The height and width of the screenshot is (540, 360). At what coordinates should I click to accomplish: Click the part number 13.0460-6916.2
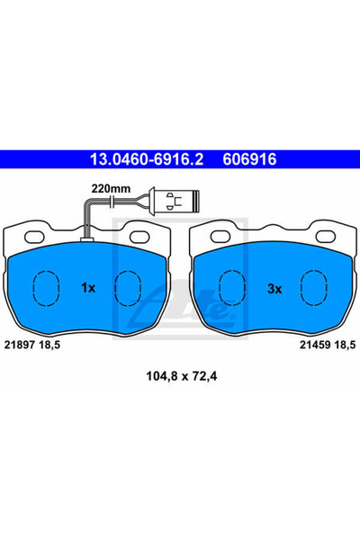pyautogui.click(x=147, y=159)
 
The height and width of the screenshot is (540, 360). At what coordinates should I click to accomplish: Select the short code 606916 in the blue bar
pyautogui.click(x=249, y=159)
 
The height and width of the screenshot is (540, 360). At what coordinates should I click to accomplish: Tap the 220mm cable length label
pyautogui.click(x=111, y=189)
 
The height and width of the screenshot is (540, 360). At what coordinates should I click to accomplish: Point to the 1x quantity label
pyautogui.click(x=88, y=288)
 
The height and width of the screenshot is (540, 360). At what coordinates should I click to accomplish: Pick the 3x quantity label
pyautogui.click(x=274, y=289)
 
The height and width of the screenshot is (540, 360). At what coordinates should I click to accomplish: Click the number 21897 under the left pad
pyautogui.click(x=19, y=345)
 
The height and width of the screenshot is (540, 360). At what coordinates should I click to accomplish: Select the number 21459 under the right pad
pyautogui.click(x=315, y=345)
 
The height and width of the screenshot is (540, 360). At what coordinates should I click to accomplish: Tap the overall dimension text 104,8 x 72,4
pyautogui.click(x=182, y=376)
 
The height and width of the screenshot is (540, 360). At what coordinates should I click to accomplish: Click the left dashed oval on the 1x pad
pyautogui.click(x=46, y=288)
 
